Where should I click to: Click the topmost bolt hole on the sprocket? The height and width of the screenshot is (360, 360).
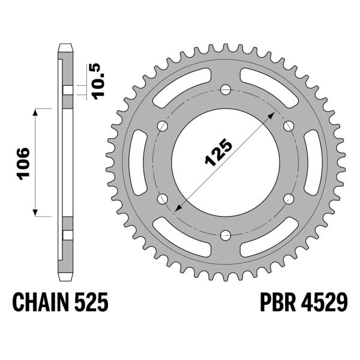coord(225,89)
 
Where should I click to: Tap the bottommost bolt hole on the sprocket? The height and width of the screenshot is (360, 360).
coord(225,235)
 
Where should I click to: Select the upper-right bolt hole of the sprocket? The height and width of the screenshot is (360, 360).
coord(288,125)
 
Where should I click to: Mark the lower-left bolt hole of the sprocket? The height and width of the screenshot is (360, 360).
coord(162,199)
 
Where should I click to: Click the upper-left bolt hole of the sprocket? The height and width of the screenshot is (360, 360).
coord(162,125)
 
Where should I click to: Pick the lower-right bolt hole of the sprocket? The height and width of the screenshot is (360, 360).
coord(288,199)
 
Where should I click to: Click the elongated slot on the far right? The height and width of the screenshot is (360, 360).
coord(313,162)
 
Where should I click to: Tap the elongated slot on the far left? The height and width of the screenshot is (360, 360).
coord(137,162)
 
